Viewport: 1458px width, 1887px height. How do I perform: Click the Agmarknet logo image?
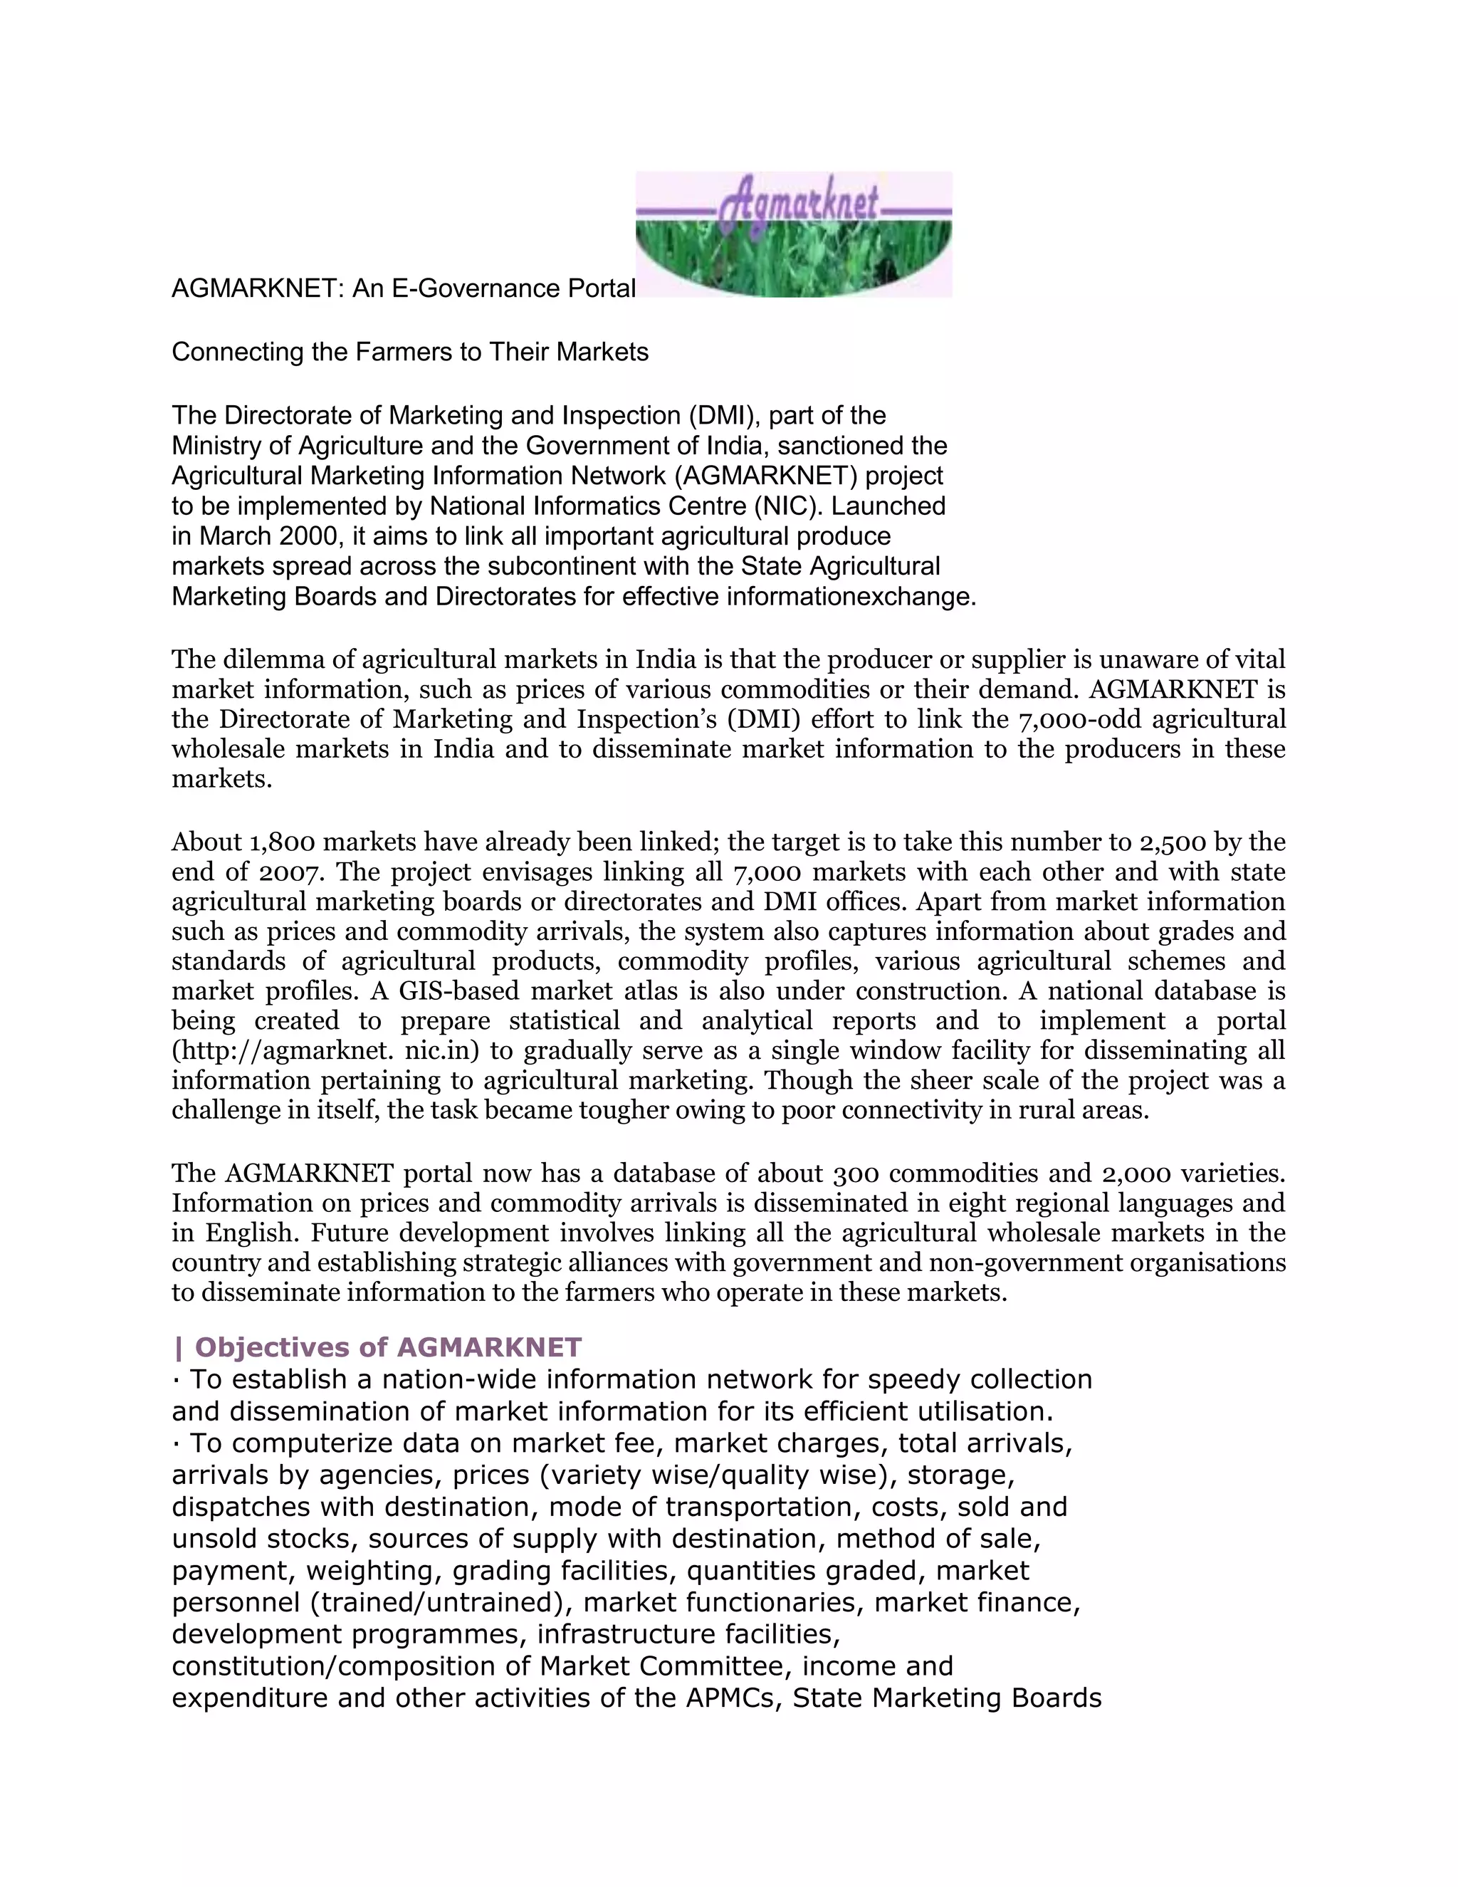pyautogui.click(x=793, y=234)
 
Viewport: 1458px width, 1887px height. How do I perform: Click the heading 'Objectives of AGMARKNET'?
pyautogui.click(x=377, y=1347)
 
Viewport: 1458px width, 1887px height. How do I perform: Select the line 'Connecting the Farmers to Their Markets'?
pyautogui.click(x=409, y=352)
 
